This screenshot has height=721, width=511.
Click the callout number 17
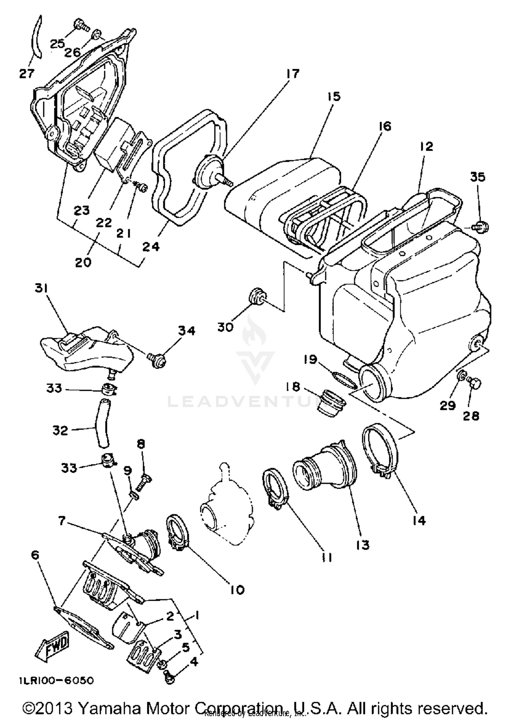tap(292, 74)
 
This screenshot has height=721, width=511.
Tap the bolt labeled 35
tap(481, 226)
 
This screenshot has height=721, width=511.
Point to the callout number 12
tap(426, 146)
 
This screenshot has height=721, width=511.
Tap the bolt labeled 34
tap(158, 359)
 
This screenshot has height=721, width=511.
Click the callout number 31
tap(41, 288)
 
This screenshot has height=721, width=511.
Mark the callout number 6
tap(35, 555)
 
